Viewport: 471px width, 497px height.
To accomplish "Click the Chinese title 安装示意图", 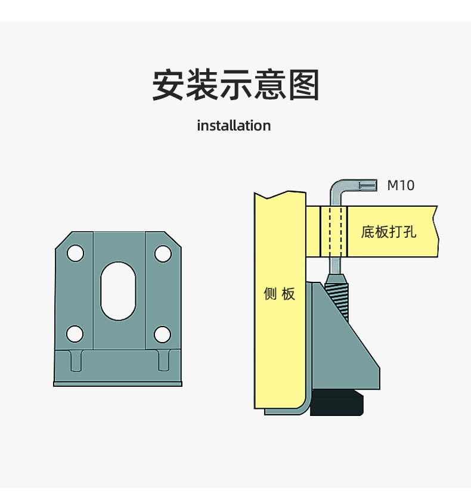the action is (x=235, y=85).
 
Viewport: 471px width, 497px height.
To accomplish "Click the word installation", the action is (x=234, y=126).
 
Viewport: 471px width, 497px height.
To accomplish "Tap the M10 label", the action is (x=401, y=185).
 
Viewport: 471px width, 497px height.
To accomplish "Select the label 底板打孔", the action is (x=389, y=231).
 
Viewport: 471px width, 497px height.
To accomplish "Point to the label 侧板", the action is (x=280, y=294).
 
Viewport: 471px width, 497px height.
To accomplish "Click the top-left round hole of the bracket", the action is (x=75, y=253).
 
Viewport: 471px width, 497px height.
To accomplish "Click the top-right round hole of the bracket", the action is (x=163, y=253).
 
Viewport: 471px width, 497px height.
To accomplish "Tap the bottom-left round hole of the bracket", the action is (x=75, y=334).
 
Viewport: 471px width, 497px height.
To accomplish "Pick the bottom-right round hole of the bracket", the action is (x=162, y=334).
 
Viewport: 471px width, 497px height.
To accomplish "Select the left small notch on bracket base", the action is (x=76, y=361).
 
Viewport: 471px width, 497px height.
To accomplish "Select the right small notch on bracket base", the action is (x=163, y=361).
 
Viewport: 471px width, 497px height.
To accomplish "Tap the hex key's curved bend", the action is (x=335, y=188).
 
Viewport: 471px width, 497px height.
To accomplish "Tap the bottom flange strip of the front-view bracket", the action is (x=117, y=384).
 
